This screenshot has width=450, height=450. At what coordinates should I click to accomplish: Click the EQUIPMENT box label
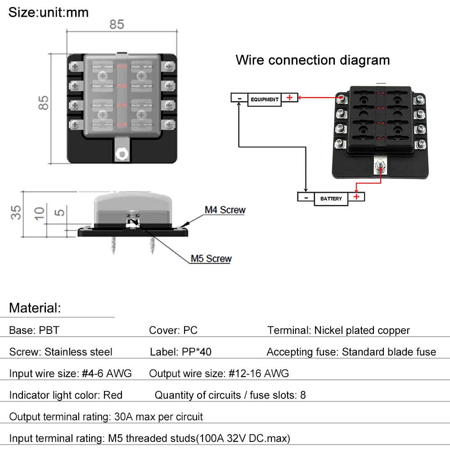coord(264,99)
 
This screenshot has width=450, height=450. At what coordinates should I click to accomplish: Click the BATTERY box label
coord(331,198)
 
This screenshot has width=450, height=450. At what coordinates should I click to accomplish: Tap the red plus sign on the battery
coord(356,197)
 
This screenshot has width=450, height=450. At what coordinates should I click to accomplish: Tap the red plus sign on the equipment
coord(289,98)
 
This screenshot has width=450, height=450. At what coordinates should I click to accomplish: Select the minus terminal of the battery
coord(306,198)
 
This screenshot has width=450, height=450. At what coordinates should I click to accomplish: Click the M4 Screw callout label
coord(225,210)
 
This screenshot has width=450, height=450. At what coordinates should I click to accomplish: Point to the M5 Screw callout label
coord(211,259)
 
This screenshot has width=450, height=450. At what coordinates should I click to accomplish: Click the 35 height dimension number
coord(16,213)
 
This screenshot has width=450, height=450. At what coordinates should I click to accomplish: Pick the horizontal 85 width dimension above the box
coord(117,24)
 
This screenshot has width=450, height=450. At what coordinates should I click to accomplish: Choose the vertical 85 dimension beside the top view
coord(43,103)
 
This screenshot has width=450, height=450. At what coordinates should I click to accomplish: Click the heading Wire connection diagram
coord(313,60)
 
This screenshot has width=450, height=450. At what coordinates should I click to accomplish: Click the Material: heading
coord(35,308)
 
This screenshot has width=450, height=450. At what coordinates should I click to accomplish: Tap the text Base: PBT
coord(34,330)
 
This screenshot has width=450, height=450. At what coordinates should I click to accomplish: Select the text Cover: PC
coord(173,330)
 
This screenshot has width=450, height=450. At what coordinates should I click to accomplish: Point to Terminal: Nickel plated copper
coord(339,331)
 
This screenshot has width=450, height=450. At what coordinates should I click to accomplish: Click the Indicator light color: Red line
coord(66,395)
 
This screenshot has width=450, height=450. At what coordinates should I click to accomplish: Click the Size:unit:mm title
coord(49,12)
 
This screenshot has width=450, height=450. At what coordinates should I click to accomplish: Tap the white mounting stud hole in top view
coord(122,154)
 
